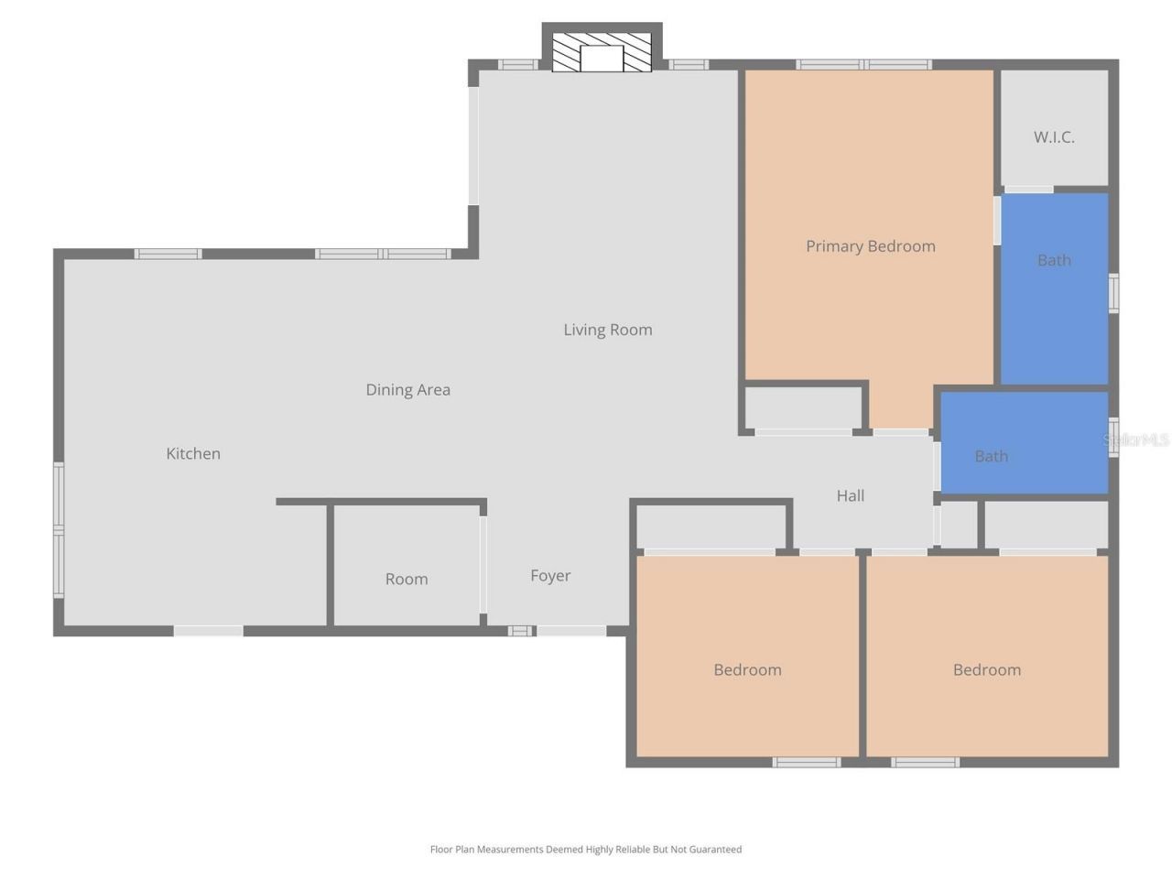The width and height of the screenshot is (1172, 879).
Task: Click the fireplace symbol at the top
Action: point(602,53)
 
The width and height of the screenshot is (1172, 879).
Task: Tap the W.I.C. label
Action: point(1054,137)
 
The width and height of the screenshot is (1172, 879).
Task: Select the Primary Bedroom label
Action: point(870,246)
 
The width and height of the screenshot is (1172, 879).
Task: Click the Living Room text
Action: point(607,330)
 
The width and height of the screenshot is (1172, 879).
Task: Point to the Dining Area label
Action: point(407,390)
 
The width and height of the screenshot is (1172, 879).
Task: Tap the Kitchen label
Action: point(193,454)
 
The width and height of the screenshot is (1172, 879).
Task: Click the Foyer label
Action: point(550,576)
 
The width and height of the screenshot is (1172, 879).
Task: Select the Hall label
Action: point(850,496)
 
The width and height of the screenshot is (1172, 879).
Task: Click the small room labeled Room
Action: point(406,579)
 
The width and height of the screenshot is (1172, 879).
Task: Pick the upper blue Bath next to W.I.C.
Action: point(1054,261)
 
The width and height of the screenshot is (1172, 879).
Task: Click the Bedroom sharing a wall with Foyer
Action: point(747,670)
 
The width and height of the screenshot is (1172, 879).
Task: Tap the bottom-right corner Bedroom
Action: point(986,670)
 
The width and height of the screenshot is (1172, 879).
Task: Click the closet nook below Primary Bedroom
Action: point(803,408)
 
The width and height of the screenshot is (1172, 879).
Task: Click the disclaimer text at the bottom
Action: point(586,850)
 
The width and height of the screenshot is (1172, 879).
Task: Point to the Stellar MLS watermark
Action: point(1136,440)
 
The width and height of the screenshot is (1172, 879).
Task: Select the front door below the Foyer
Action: point(570,631)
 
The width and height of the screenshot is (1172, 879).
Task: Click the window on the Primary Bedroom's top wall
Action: point(863,65)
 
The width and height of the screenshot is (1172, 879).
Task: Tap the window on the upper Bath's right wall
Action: point(1113,293)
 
